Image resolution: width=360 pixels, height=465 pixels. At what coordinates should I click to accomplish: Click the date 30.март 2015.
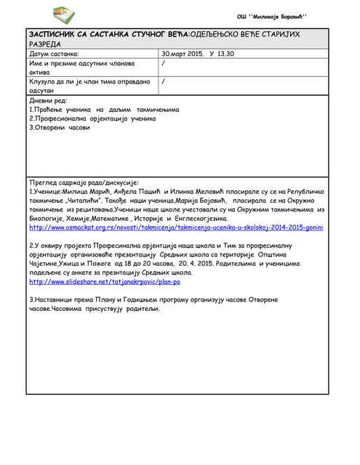(183, 54)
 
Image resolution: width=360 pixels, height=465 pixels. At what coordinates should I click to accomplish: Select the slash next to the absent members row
(164, 63)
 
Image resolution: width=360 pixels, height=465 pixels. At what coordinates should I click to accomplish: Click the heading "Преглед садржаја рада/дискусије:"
(84, 182)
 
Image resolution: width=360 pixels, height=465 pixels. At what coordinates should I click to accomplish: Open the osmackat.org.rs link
(176, 227)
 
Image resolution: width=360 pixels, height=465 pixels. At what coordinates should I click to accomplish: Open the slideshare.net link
(105, 281)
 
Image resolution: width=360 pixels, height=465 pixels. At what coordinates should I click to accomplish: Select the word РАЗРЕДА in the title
(45, 44)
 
